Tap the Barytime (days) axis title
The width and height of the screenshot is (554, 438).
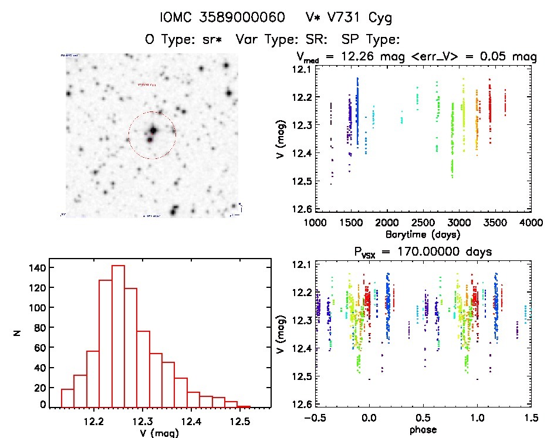pyautogui.click(x=423, y=234)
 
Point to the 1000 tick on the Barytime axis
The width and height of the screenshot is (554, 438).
pyautogui.click(x=315, y=223)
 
